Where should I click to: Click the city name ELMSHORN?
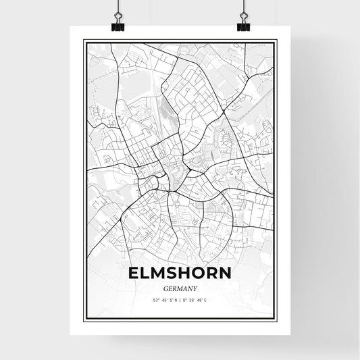pyautogui.click(x=180, y=272)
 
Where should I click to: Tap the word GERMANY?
pyautogui.click(x=180, y=286)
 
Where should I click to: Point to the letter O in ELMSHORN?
pyautogui.click(x=200, y=272)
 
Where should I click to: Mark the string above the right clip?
pyautogui.click(x=242, y=5)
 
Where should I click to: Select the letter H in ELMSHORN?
pyautogui.click(x=185, y=272)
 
